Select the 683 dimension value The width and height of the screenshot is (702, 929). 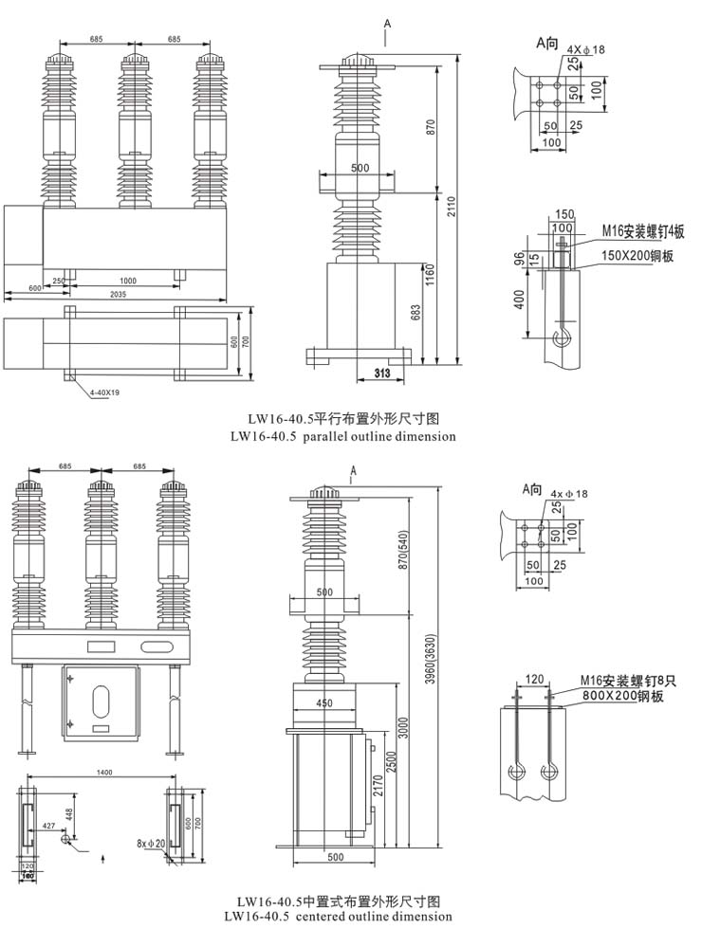(x=416, y=313)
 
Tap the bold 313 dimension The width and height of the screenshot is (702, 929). (x=382, y=373)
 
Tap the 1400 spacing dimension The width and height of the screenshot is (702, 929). (x=104, y=774)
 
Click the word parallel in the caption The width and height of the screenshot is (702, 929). (x=340, y=437)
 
